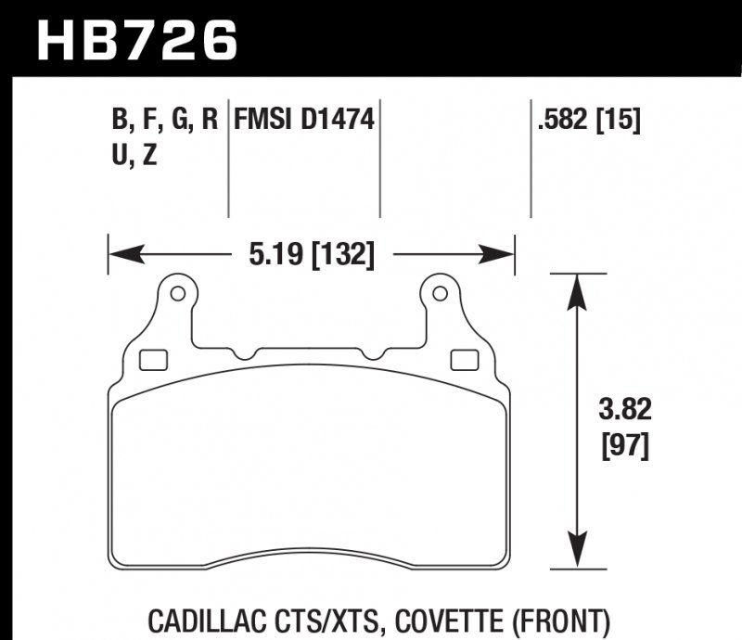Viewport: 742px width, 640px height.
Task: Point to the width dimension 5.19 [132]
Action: tap(312, 252)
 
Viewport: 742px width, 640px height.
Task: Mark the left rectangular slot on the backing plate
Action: tap(151, 359)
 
